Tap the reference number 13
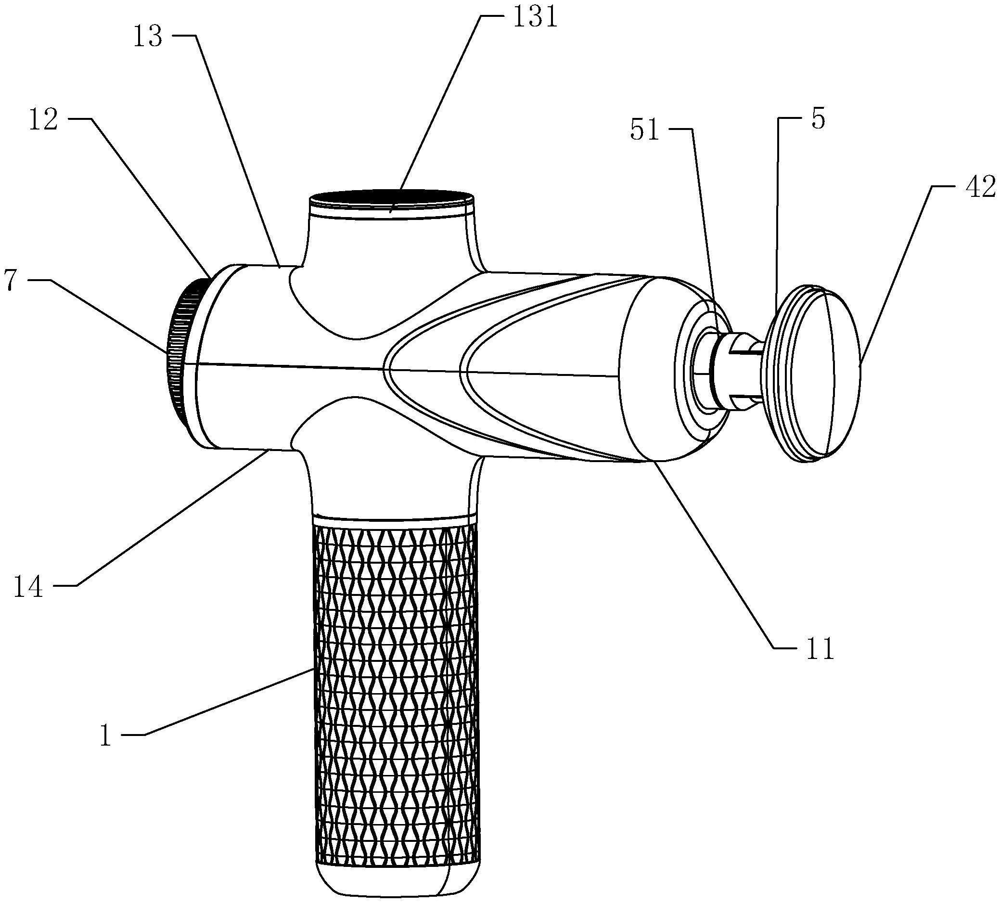[x=148, y=37]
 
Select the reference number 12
[x=43, y=120]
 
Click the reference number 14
[x=29, y=587]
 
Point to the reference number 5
[x=818, y=119]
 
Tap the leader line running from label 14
[x=168, y=521]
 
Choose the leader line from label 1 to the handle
[x=228, y=702]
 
